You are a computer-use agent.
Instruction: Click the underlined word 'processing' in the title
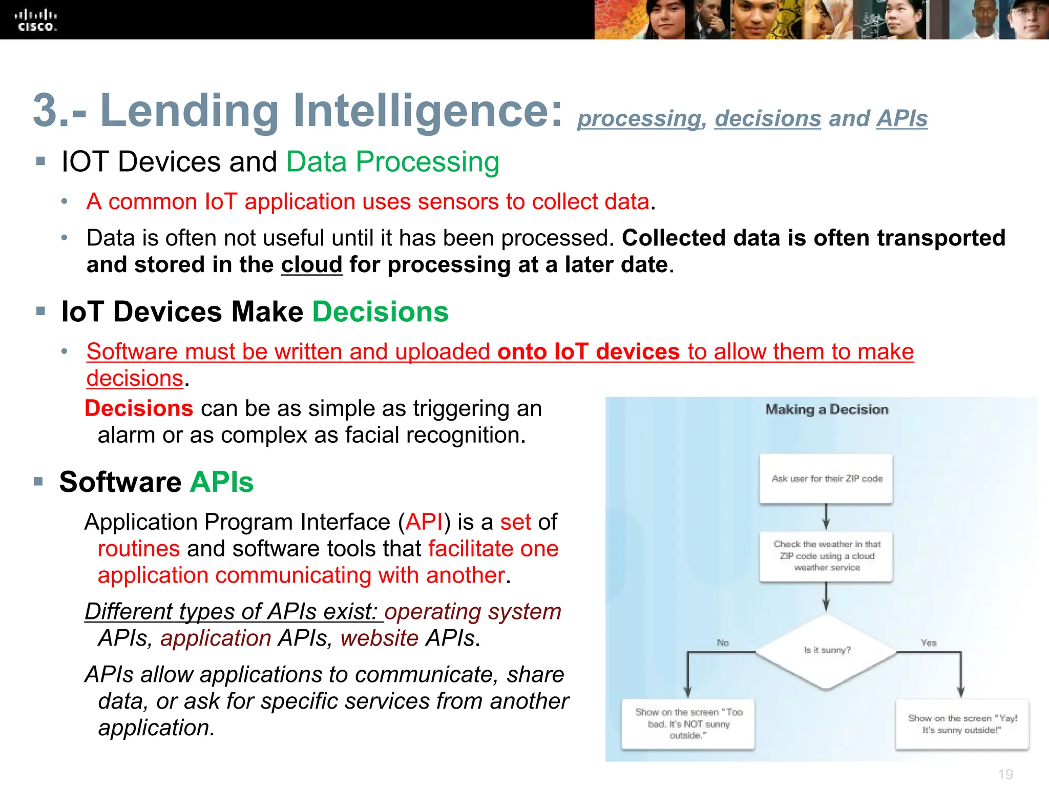[x=638, y=119]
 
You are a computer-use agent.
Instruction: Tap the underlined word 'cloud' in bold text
[x=311, y=265]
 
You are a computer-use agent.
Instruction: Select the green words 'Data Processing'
[x=392, y=162]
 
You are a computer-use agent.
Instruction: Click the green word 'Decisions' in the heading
[x=380, y=312]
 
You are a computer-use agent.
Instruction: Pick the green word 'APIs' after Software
[x=221, y=482]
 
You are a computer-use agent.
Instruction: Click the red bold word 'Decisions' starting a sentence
[x=139, y=408]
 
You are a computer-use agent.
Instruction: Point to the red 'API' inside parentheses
[x=424, y=522]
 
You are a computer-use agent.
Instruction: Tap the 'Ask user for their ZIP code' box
[x=826, y=479]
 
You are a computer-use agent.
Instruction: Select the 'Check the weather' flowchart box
[x=826, y=556]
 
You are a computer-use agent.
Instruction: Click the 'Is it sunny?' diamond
[x=826, y=651]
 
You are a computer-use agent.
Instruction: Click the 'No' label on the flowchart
[x=722, y=643]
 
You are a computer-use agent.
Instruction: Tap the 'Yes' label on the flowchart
[x=928, y=643]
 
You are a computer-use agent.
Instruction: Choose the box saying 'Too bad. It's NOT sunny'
[x=688, y=723]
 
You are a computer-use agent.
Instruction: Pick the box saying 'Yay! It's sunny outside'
[x=962, y=723]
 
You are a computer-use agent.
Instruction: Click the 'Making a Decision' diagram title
[x=826, y=409]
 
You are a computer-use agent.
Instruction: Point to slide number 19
[x=1005, y=774]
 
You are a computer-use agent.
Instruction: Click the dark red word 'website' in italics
[x=380, y=638]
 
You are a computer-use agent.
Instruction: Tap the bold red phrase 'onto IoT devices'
[x=588, y=352]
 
